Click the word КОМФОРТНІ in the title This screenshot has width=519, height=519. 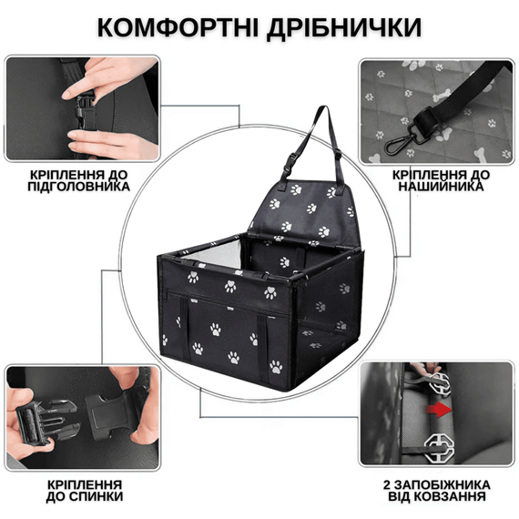175,27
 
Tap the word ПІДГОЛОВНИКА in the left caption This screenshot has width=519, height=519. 77,187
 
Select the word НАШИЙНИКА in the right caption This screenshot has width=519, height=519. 442,186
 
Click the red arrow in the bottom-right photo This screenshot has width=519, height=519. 440,411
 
